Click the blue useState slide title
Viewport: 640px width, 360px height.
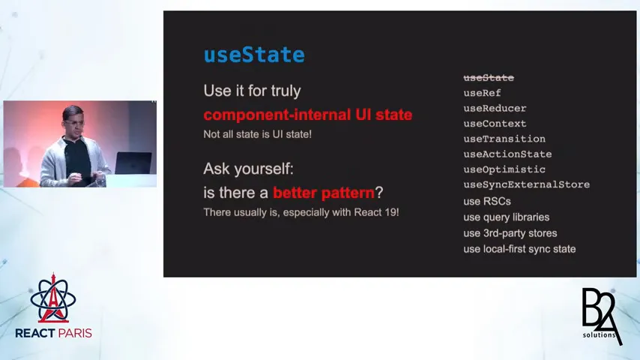tap(254, 55)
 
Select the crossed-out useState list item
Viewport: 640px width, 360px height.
tap(489, 78)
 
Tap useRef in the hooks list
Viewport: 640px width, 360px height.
tap(482, 93)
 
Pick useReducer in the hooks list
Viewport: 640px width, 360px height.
tap(495, 108)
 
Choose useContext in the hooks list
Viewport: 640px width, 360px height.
tap(495, 124)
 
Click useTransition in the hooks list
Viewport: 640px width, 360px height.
tap(504, 139)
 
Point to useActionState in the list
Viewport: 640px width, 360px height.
tap(507, 154)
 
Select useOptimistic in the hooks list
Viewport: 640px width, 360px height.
tap(504, 169)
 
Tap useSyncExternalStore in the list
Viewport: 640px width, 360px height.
tap(526, 184)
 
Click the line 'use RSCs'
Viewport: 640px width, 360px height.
tap(486, 201)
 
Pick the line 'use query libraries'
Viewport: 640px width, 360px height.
tap(506, 217)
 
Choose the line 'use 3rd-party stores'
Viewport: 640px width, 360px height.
tap(510, 233)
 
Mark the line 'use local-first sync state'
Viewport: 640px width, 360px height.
tap(519, 249)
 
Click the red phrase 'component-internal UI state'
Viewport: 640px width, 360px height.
tap(307, 115)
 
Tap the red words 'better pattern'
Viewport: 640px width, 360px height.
tap(323, 193)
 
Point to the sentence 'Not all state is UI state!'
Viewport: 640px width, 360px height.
tap(257, 134)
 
